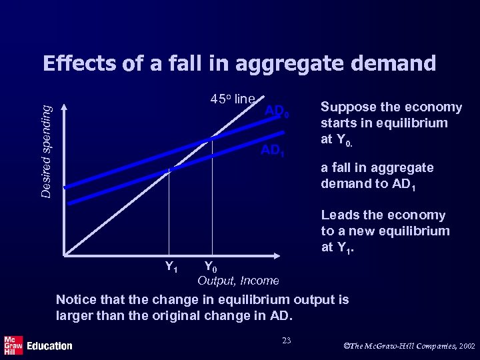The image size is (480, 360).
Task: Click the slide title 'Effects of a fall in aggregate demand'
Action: click(x=239, y=63)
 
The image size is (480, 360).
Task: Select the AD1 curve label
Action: click(x=273, y=151)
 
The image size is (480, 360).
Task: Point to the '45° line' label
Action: click(x=233, y=99)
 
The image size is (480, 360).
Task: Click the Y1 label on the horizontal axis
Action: click(x=171, y=267)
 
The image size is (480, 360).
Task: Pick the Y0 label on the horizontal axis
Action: click(x=210, y=267)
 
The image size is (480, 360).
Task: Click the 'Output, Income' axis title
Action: click(x=238, y=281)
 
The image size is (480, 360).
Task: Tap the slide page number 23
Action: click(x=287, y=341)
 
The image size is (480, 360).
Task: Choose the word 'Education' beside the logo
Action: click(x=49, y=346)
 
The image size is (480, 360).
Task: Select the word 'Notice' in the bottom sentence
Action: click(x=76, y=300)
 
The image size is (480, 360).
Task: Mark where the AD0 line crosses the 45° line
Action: click(x=211, y=138)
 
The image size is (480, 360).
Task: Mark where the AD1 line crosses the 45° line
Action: click(x=170, y=171)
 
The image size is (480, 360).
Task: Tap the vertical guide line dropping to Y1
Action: click(x=170, y=213)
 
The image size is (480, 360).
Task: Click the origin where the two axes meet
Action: click(x=65, y=255)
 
